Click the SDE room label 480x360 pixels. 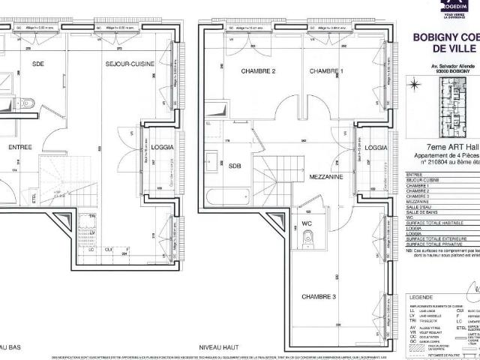pyautogui.click(x=38, y=64)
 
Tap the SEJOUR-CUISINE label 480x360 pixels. pyautogui.click(x=129, y=64)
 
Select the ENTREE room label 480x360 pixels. pyautogui.click(x=19, y=148)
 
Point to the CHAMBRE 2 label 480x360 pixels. pyautogui.click(x=259, y=71)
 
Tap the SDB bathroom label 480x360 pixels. pyautogui.click(x=235, y=166)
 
